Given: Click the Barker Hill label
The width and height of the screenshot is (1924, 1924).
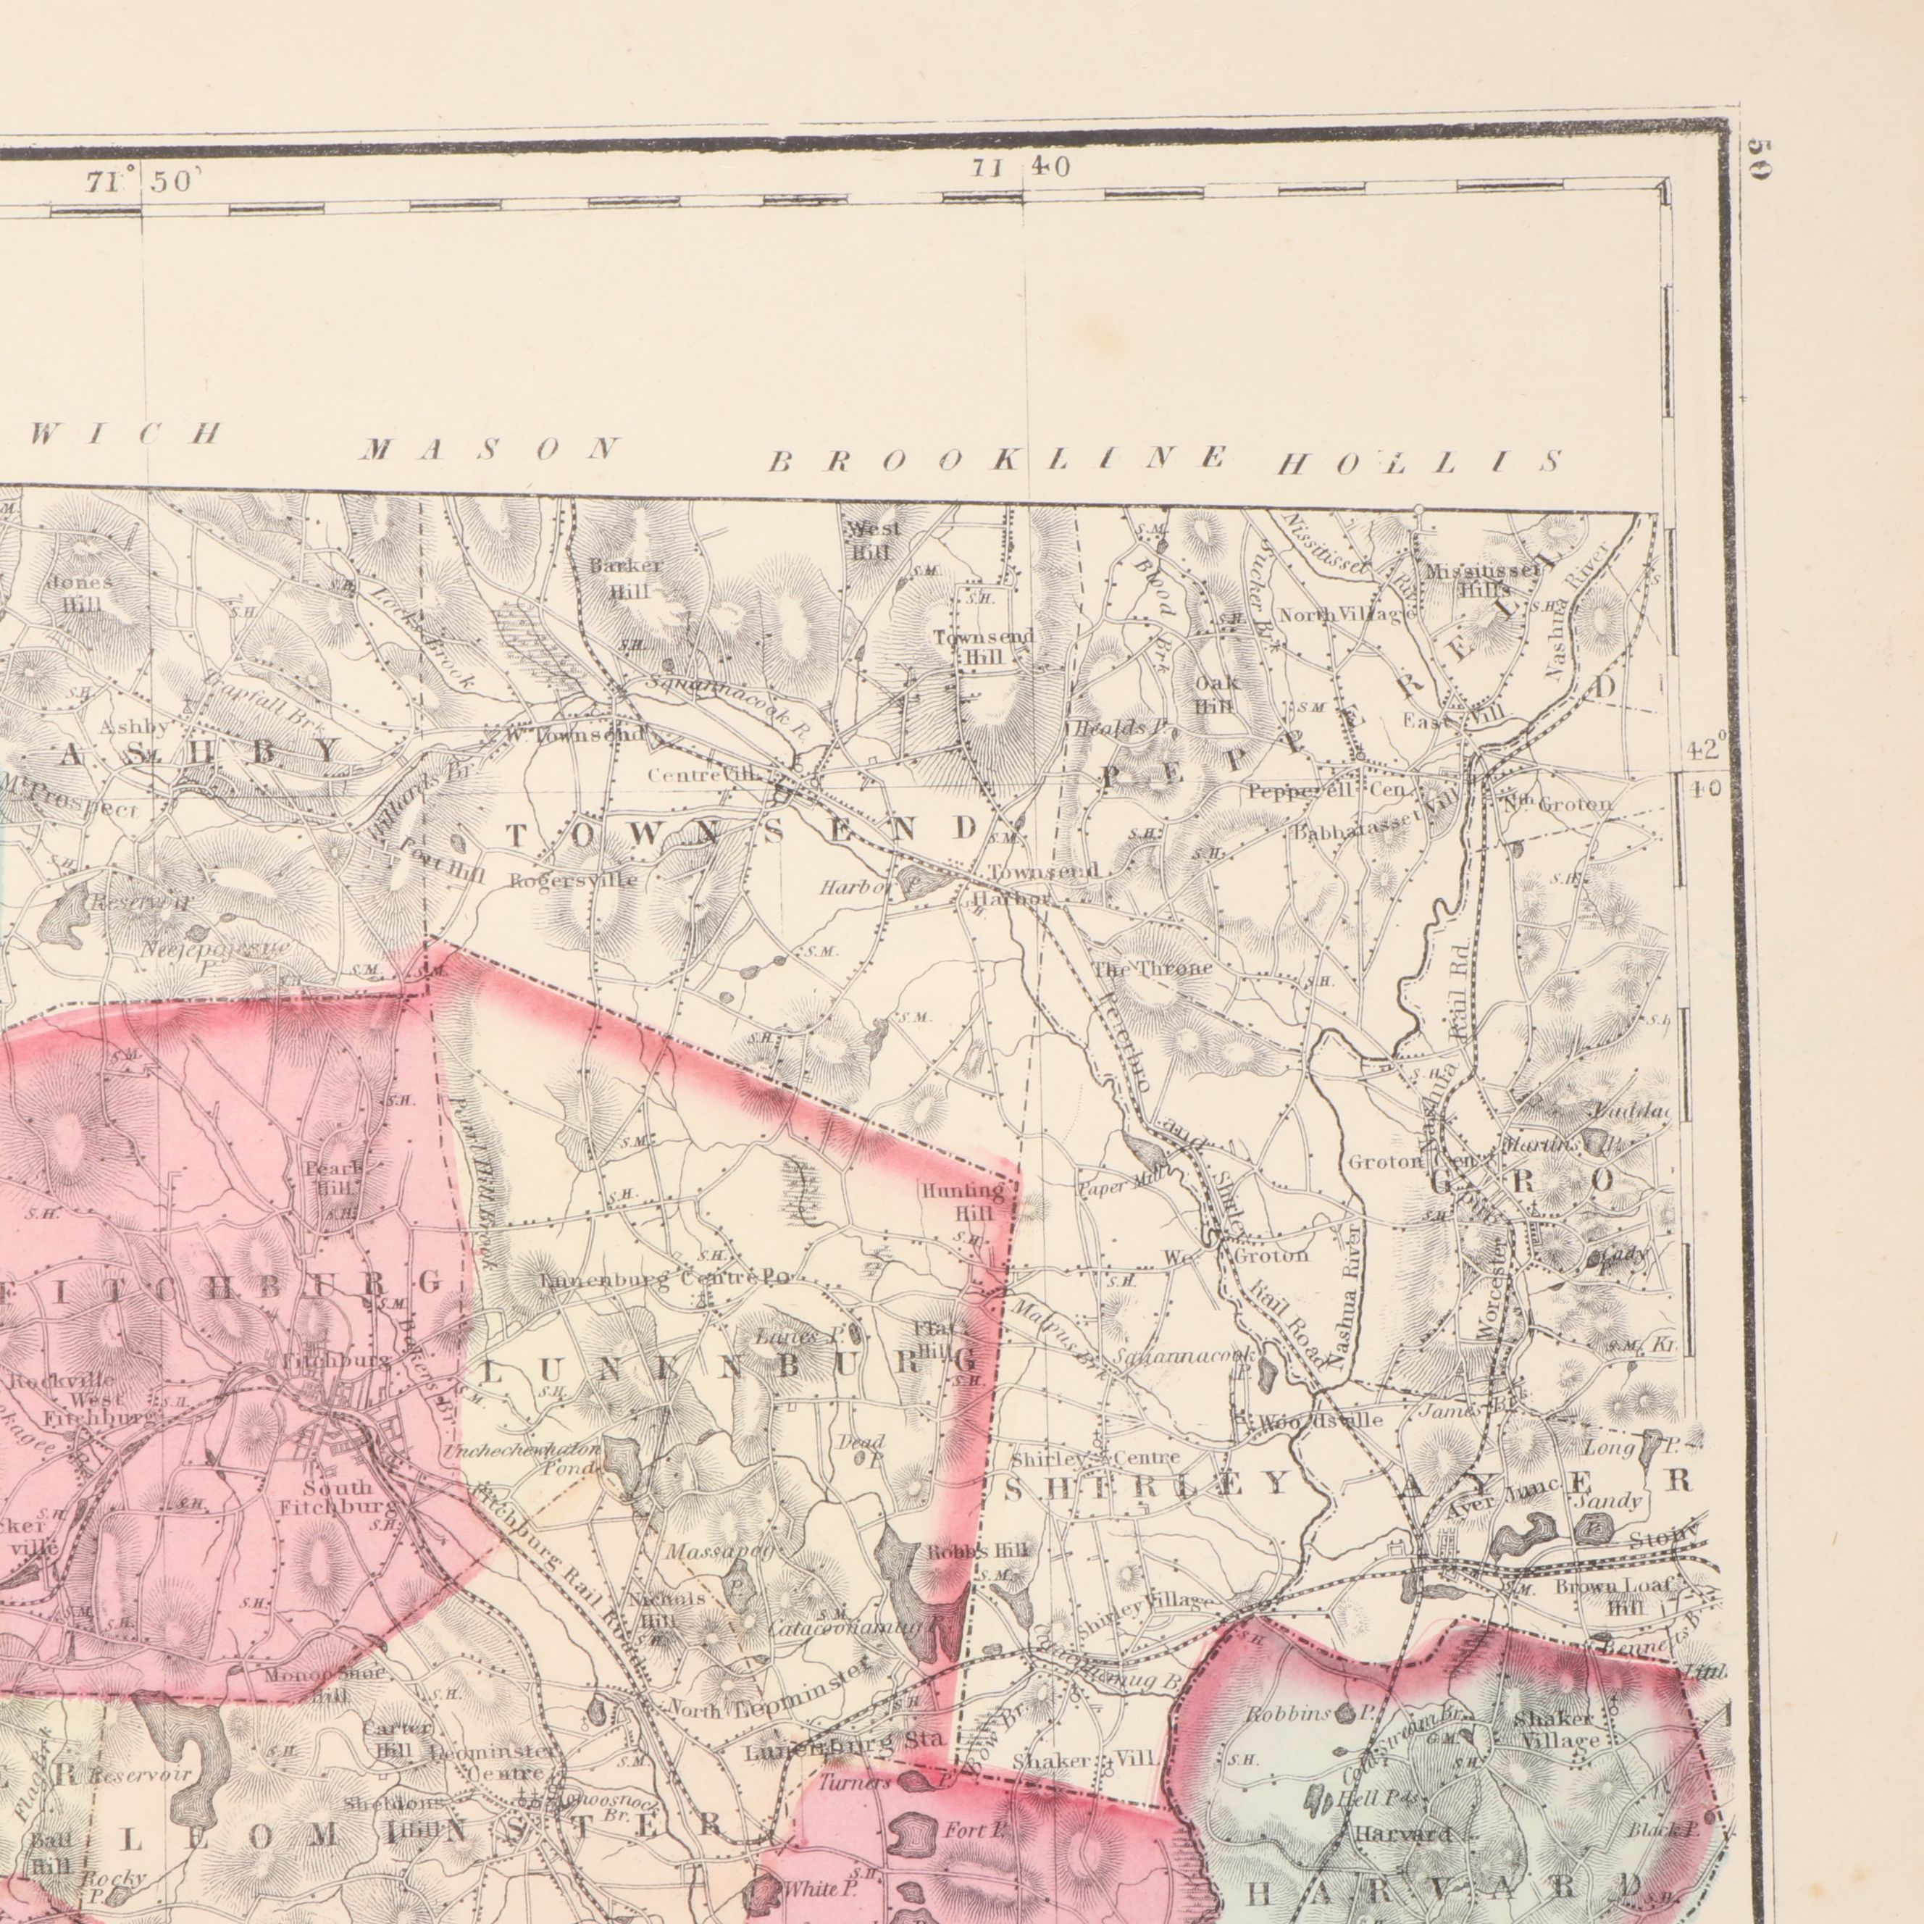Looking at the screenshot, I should tap(624, 577).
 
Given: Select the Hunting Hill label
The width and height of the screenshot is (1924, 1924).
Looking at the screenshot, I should tap(962, 1201).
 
